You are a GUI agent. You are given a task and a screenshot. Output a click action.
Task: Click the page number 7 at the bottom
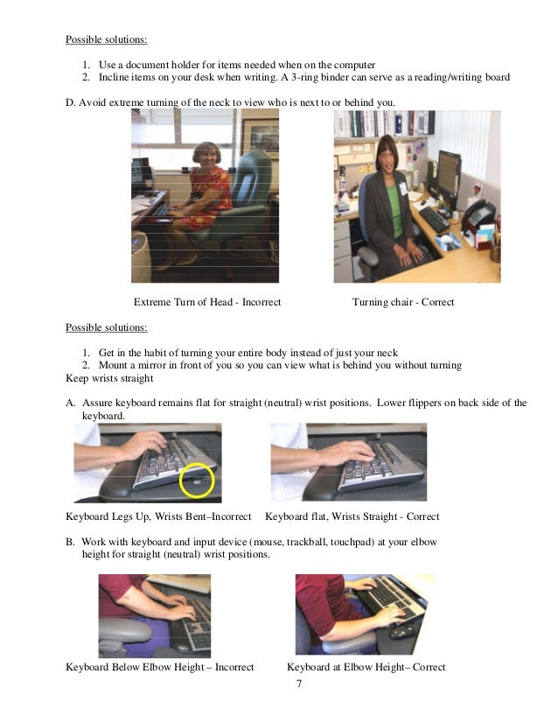click(x=299, y=684)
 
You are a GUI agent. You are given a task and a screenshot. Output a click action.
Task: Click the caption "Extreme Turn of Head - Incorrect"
click(x=207, y=302)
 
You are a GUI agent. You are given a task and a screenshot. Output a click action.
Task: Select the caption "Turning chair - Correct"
click(x=403, y=302)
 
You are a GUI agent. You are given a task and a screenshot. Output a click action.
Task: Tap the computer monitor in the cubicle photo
click(x=449, y=173)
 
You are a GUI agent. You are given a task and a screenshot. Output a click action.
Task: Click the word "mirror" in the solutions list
click(x=152, y=365)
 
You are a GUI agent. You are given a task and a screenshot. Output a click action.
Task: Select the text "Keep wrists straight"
click(x=109, y=378)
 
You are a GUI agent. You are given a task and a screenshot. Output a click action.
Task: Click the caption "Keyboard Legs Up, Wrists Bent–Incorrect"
click(x=158, y=516)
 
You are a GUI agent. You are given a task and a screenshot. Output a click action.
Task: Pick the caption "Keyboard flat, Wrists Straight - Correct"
click(x=352, y=516)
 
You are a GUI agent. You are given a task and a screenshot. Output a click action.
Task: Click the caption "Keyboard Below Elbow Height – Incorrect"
click(x=159, y=667)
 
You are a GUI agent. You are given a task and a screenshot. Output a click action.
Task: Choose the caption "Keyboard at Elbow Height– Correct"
click(x=366, y=667)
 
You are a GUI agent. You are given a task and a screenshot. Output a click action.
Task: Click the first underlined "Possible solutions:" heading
click(x=107, y=39)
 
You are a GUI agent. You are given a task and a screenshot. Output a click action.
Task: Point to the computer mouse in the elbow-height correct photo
click(x=402, y=630)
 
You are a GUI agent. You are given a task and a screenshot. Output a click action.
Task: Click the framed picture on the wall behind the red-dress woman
click(x=260, y=137)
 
